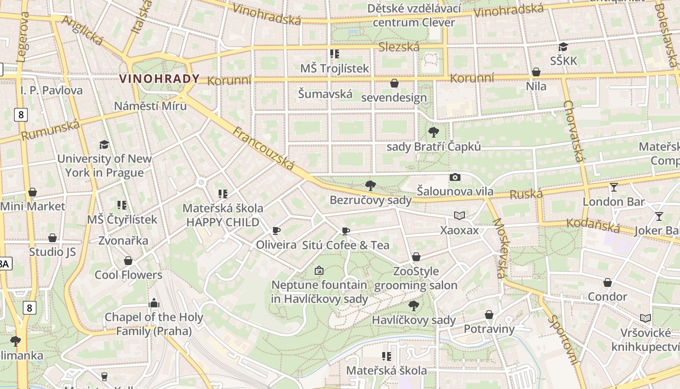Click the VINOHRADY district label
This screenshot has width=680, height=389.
coord(159,79)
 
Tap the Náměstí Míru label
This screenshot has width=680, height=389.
coord(150,106)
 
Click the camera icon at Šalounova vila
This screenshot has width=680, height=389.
coord(455,177)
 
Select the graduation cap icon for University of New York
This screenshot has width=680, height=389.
coord(104,144)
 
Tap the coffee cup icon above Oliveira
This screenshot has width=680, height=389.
coord(276,230)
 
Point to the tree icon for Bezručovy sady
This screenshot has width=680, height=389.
coord(370,185)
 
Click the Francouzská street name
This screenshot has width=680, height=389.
coord(263,149)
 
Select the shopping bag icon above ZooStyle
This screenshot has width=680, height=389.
coord(416,257)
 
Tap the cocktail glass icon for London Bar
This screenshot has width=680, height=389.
coord(614,187)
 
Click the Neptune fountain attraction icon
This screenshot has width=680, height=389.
coord(319,270)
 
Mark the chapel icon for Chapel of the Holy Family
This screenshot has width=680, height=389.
coord(154,303)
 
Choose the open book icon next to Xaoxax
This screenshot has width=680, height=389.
coord(459,215)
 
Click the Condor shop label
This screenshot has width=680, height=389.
coord(607,297)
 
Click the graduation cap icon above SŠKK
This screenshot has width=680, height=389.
coord(563,47)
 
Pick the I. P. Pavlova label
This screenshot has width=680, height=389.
coord(51,90)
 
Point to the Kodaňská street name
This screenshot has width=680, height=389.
coord(594,226)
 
